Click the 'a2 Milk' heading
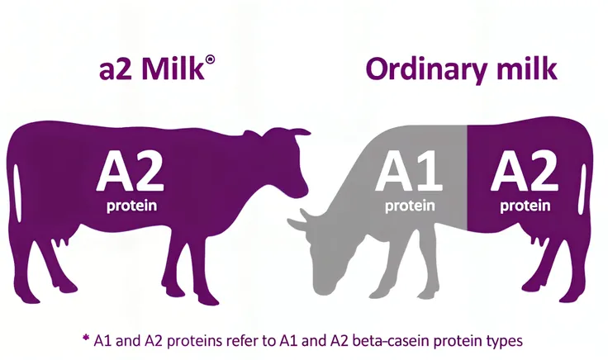coord(152,69)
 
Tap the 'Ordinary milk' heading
coord(462,69)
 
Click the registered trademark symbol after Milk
coord(211,59)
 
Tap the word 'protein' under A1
coord(410,206)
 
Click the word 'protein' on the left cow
coord(132,206)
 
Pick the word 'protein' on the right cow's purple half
coord(525,206)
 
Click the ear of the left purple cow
coord(301,133)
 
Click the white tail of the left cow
coord(17,192)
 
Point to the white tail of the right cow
coord(582,189)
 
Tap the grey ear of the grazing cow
coord(296,224)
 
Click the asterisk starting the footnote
coord(86,338)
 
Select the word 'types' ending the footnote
coord(504,342)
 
